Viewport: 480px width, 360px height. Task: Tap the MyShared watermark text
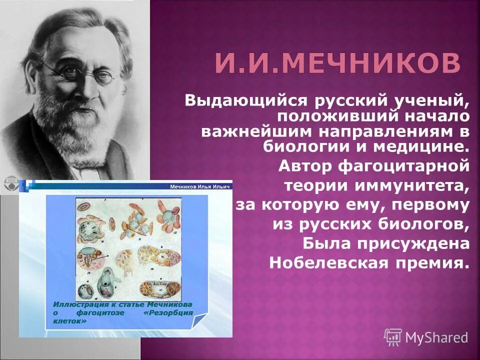click(x=436, y=337)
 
